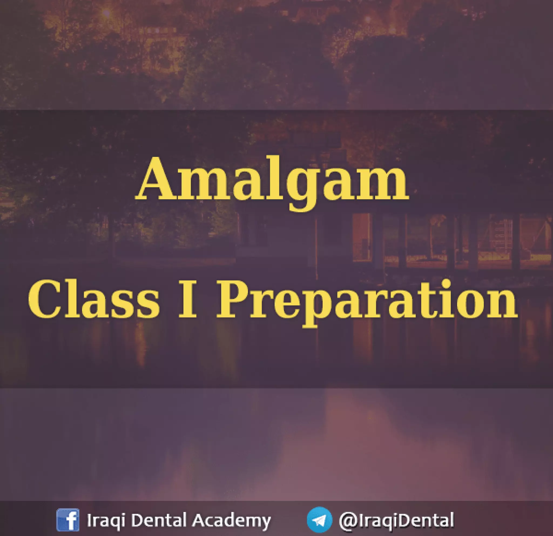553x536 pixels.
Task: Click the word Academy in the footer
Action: tap(231, 520)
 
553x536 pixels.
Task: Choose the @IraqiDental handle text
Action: tap(396, 520)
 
